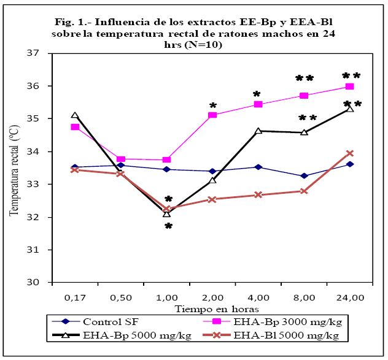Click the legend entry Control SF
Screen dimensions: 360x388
[x=110, y=321]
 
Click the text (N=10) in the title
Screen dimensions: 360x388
[x=206, y=45]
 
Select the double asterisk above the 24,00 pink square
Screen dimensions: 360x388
[x=351, y=77]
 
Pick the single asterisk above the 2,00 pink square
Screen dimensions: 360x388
[x=213, y=106]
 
